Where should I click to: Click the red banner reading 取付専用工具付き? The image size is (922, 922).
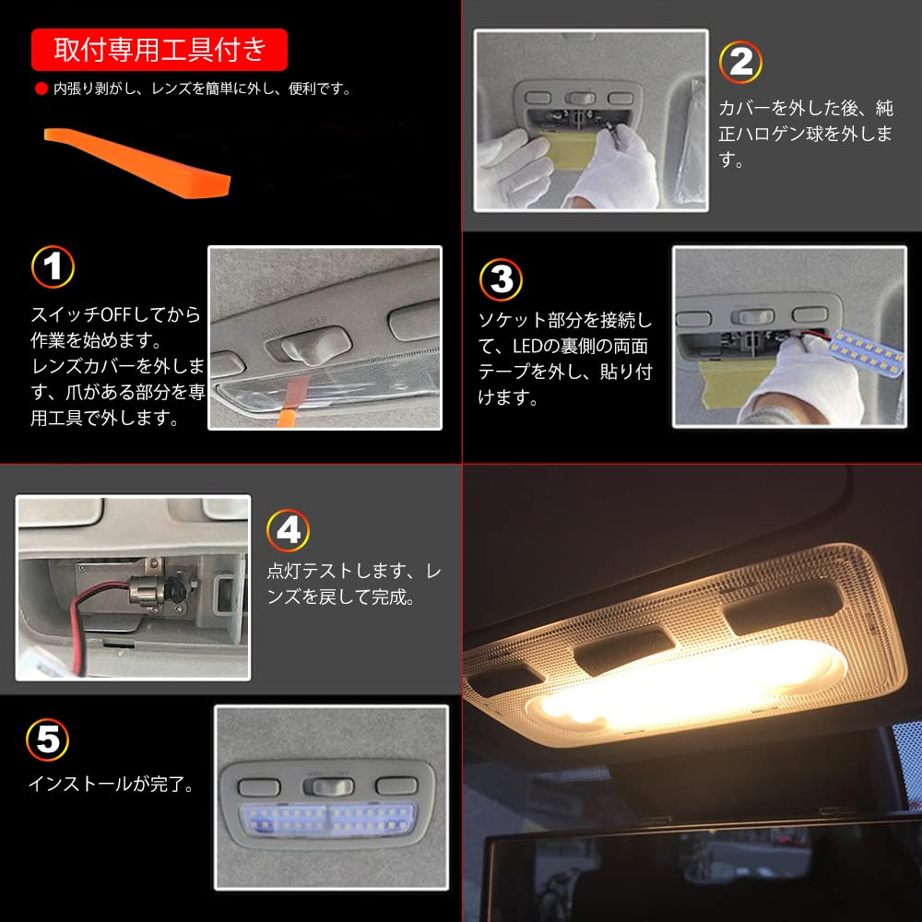tap(160, 50)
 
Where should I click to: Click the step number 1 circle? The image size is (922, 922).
tap(53, 266)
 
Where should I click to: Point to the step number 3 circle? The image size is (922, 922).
tap(501, 279)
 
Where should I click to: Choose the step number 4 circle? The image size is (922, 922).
tap(288, 530)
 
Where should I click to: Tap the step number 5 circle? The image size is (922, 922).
tap(48, 739)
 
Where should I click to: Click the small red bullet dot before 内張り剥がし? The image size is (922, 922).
tap(40, 89)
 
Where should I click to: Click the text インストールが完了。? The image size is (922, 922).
tap(111, 786)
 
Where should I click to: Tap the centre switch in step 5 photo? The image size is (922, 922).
tap(331, 786)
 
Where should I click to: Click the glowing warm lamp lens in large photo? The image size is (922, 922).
tap(682, 687)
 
